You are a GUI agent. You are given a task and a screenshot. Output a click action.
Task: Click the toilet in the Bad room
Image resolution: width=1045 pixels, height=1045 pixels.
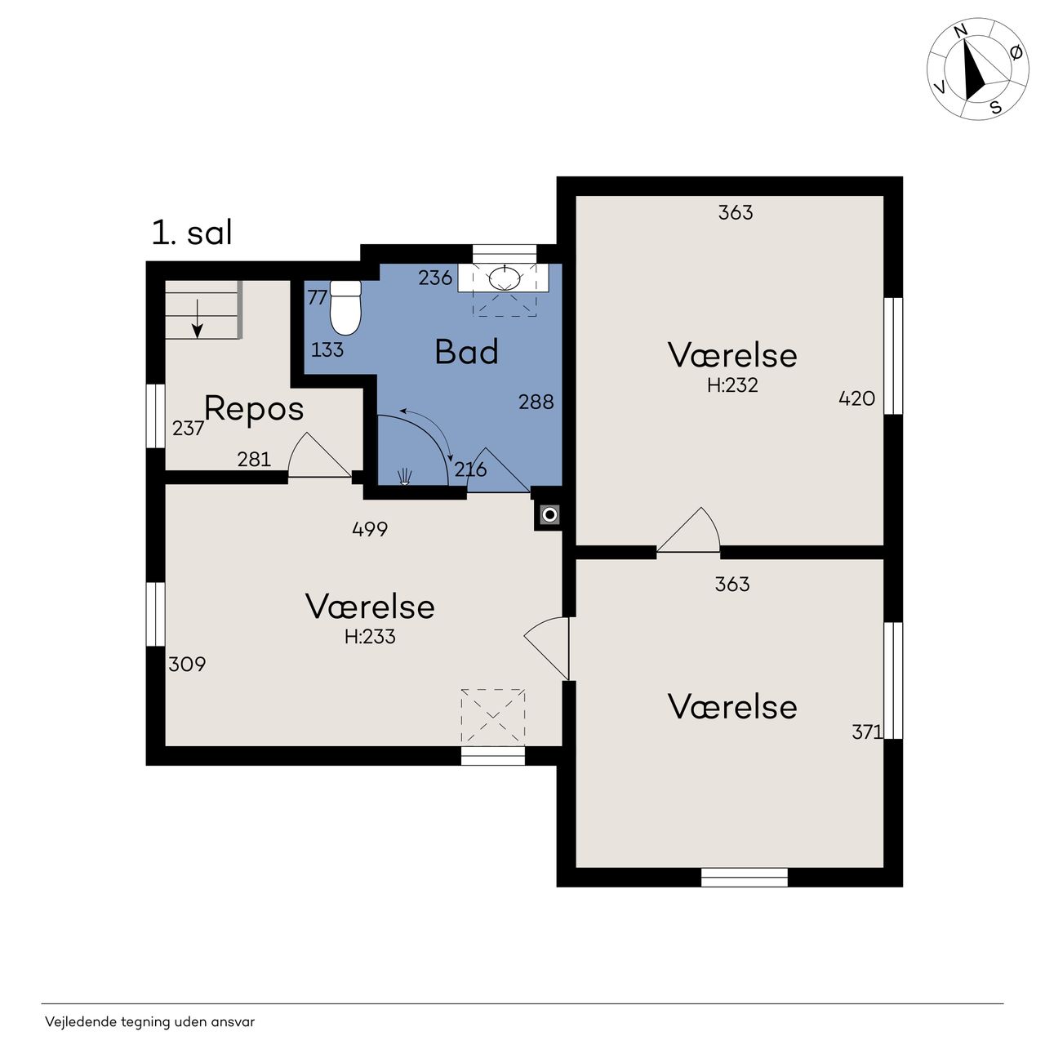(345, 308)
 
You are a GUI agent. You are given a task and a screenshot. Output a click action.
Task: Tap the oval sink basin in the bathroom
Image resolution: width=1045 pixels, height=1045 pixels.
(505, 278)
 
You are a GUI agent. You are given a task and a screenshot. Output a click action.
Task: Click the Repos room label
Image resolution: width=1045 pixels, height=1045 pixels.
(254, 410)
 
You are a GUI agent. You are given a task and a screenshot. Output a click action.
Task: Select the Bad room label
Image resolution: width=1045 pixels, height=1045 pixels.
(466, 351)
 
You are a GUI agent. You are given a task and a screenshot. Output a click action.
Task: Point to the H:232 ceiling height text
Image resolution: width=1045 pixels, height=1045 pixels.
(732, 385)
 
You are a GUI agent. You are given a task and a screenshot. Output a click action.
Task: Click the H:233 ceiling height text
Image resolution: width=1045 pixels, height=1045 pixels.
(370, 637)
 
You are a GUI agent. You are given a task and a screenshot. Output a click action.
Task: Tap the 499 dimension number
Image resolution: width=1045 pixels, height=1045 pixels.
(370, 529)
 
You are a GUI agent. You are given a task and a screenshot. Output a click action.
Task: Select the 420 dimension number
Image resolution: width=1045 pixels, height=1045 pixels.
(857, 398)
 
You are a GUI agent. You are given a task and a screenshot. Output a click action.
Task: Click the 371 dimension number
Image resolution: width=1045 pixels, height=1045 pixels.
(867, 732)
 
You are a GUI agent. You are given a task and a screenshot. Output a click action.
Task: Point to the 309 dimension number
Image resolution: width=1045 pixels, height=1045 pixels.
(187, 665)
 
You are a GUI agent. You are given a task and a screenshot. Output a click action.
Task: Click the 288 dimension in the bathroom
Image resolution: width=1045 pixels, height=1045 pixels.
(536, 402)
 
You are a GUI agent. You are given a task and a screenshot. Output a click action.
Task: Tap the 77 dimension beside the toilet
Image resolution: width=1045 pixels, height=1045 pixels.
(318, 297)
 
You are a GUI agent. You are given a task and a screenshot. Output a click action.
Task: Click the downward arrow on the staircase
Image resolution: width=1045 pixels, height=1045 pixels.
(198, 318)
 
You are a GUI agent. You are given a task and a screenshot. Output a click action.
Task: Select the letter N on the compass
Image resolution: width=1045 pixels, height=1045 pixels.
(961, 32)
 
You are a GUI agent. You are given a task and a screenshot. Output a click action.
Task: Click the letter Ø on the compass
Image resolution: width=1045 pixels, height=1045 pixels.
(1016, 52)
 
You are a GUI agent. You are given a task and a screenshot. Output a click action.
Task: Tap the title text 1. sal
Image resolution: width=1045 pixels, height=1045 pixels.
(192, 233)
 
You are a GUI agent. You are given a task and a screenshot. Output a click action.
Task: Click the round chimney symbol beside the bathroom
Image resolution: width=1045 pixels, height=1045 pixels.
(550, 514)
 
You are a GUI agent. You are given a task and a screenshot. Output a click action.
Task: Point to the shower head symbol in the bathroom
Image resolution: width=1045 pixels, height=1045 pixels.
(405, 477)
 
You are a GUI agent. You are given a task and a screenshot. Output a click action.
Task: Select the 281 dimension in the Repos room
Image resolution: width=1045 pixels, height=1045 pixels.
(254, 460)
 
